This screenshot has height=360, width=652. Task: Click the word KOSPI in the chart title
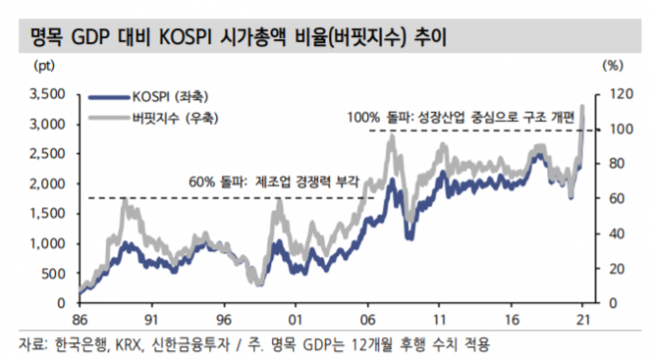pos(172,38)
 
